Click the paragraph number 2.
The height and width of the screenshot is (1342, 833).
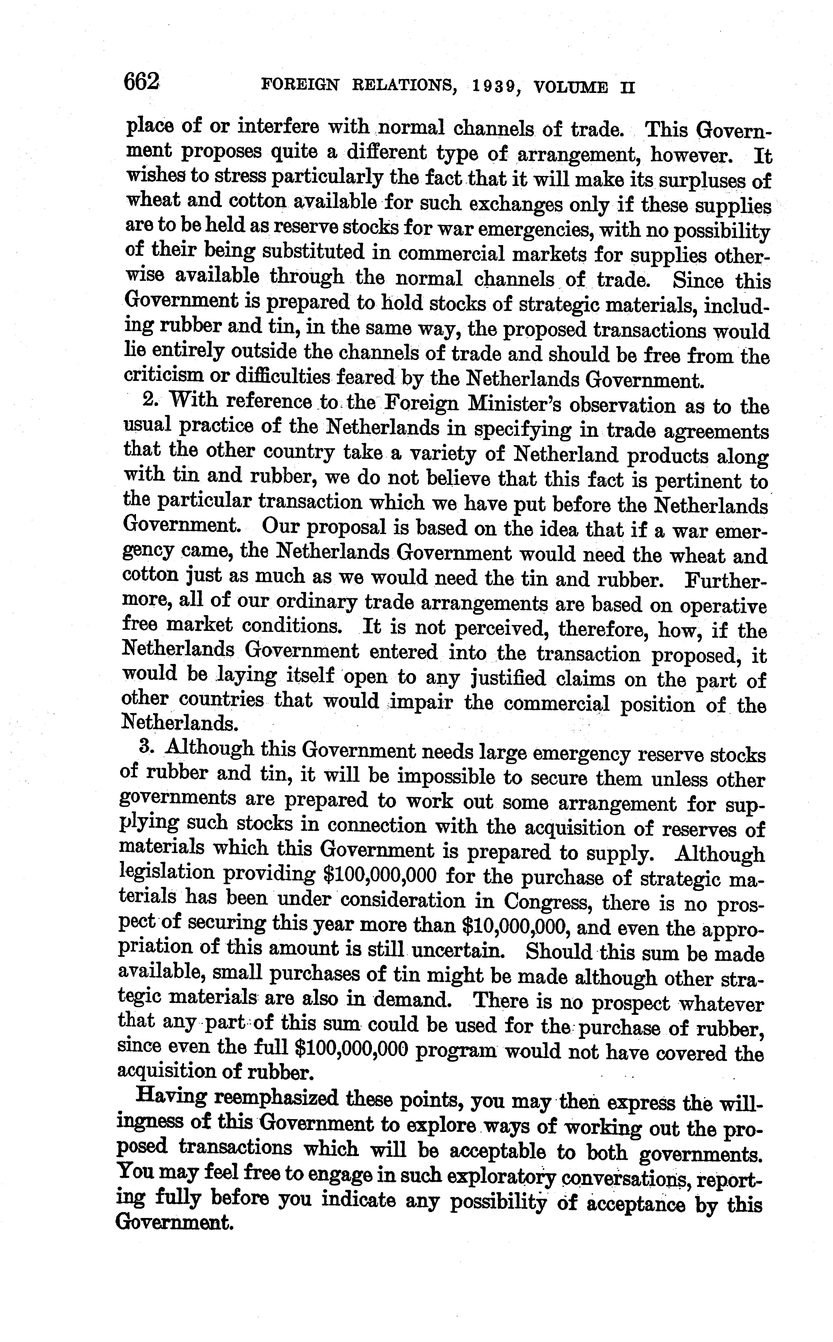(x=150, y=400)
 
